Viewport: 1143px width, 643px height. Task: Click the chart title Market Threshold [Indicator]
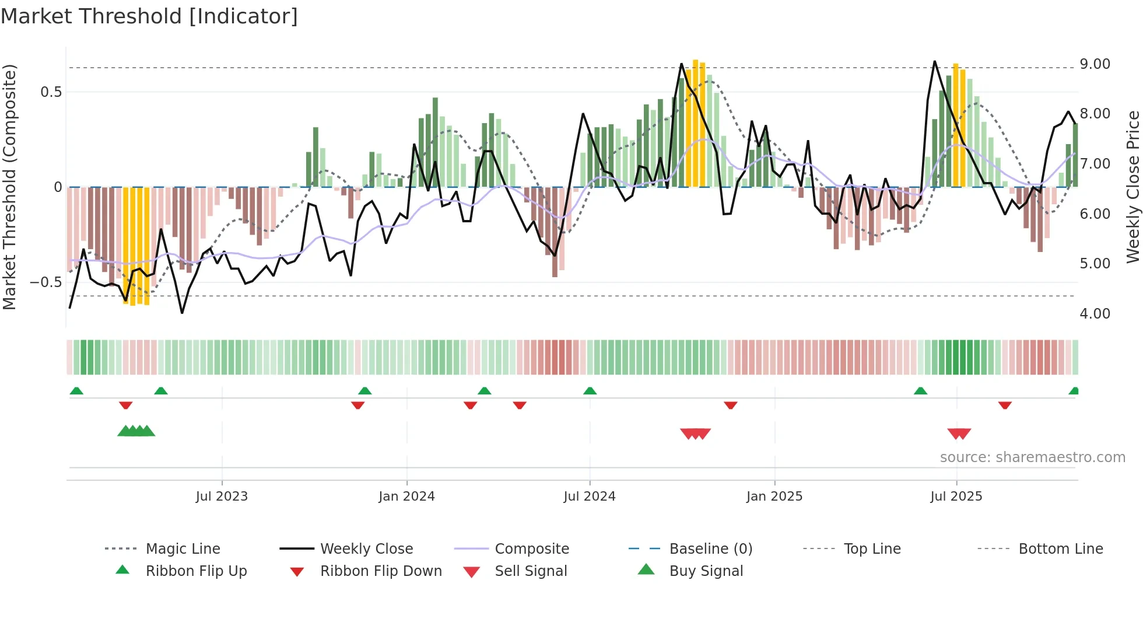pos(149,16)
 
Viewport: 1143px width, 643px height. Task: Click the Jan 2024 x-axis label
pos(406,497)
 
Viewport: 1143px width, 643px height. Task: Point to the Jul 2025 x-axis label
pos(956,497)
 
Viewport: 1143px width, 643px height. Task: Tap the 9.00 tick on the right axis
pos(1095,64)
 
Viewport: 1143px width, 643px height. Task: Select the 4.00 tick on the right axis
pos(1095,314)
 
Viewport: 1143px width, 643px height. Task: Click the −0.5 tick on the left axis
pos(45,282)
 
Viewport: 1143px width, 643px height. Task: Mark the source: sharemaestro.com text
pos(1032,457)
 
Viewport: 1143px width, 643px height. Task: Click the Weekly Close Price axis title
pos(1133,187)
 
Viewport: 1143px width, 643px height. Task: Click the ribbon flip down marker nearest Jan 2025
pos(730,405)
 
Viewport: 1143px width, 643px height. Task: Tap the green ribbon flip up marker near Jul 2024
pos(590,391)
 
